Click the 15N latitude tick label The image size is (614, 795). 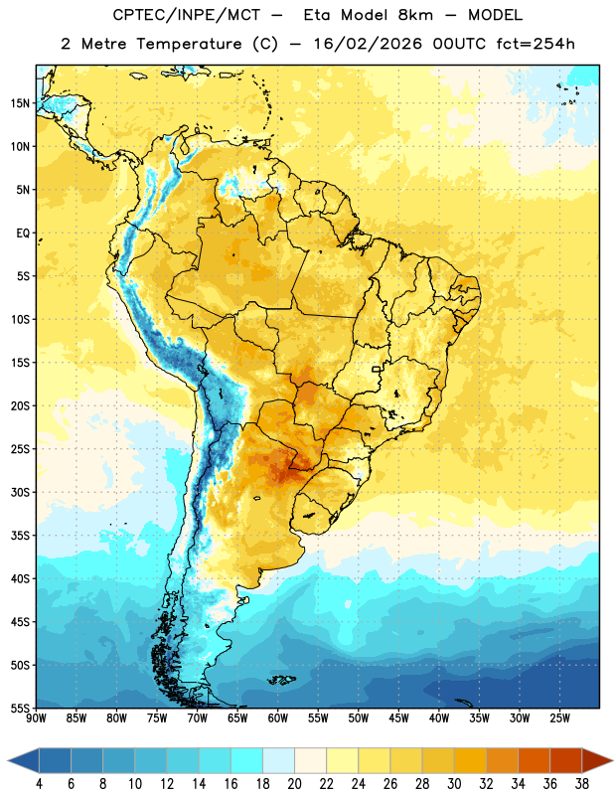[20, 103]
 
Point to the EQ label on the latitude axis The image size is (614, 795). [23, 234]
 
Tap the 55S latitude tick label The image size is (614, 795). [20, 708]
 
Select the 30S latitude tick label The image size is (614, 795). [20, 492]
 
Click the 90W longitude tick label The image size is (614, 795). [37, 718]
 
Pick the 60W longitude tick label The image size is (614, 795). [278, 718]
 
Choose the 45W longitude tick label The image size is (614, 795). [398, 718]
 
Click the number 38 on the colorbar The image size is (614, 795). [582, 784]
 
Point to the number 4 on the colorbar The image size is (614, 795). [39, 784]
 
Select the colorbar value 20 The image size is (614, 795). [294, 784]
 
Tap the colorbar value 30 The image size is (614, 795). [454, 784]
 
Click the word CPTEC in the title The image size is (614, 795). [131, 15]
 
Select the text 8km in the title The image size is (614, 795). [415, 15]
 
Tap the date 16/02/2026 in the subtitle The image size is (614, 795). [368, 44]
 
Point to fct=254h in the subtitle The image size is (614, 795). [536, 44]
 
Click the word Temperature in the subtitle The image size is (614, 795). [189, 44]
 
